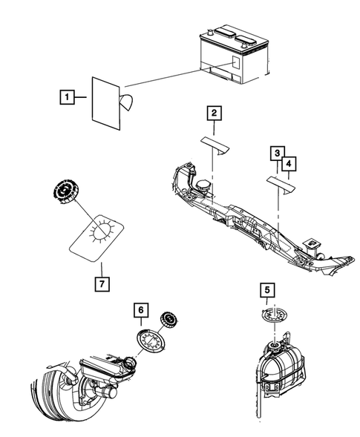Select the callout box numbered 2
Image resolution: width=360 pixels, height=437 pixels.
click(x=214, y=114)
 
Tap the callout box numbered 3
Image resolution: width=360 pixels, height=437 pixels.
click(x=276, y=154)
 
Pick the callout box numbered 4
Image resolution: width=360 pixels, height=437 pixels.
click(x=288, y=162)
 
